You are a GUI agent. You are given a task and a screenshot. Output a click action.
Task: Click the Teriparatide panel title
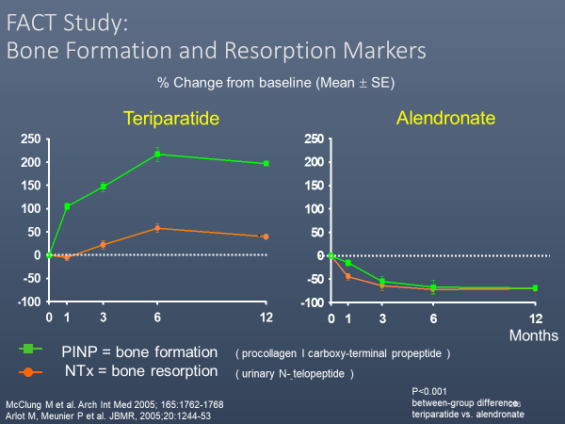click(x=172, y=119)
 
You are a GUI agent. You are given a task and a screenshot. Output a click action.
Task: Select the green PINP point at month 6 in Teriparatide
click(x=158, y=154)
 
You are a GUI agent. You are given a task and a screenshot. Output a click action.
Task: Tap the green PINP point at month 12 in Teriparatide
click(x=266, y=163)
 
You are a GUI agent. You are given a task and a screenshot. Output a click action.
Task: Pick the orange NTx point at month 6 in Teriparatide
click(x=158, y=228)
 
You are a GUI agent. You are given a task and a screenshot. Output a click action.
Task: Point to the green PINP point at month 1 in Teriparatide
click(x=67, y=206)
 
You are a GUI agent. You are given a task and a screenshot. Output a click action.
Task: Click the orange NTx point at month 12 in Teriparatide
click(x=266, y=236)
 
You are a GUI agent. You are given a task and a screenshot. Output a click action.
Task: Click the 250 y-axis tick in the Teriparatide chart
click(x=29, y=139)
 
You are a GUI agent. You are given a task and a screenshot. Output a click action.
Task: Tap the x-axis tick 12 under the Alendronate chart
click(x=535, y=318)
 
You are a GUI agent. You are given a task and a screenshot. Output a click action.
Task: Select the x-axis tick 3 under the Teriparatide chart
click(x=103, y=318)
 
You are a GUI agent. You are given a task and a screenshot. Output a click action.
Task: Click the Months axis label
click(x=534, y=335)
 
